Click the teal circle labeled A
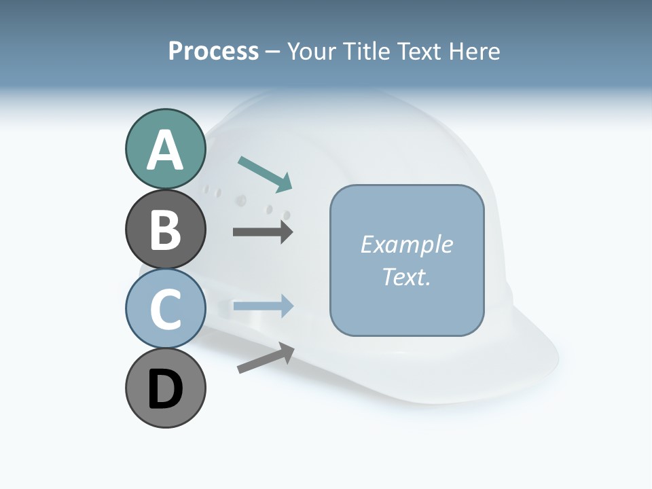point(165,149)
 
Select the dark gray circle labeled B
point(165,229)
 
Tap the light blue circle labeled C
point(165,308)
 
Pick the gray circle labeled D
point(165,388)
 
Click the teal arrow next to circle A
point(266,173)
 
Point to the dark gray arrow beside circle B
point(263,232)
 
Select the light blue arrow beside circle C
point(263,306)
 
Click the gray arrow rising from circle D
point(266,359)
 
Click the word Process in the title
point(213,52)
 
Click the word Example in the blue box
point(407,244)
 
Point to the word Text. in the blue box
point(407,276)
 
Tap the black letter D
point(165,389)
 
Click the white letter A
point(165,150)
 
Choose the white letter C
point(165,310)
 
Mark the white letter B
point(165,230)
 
